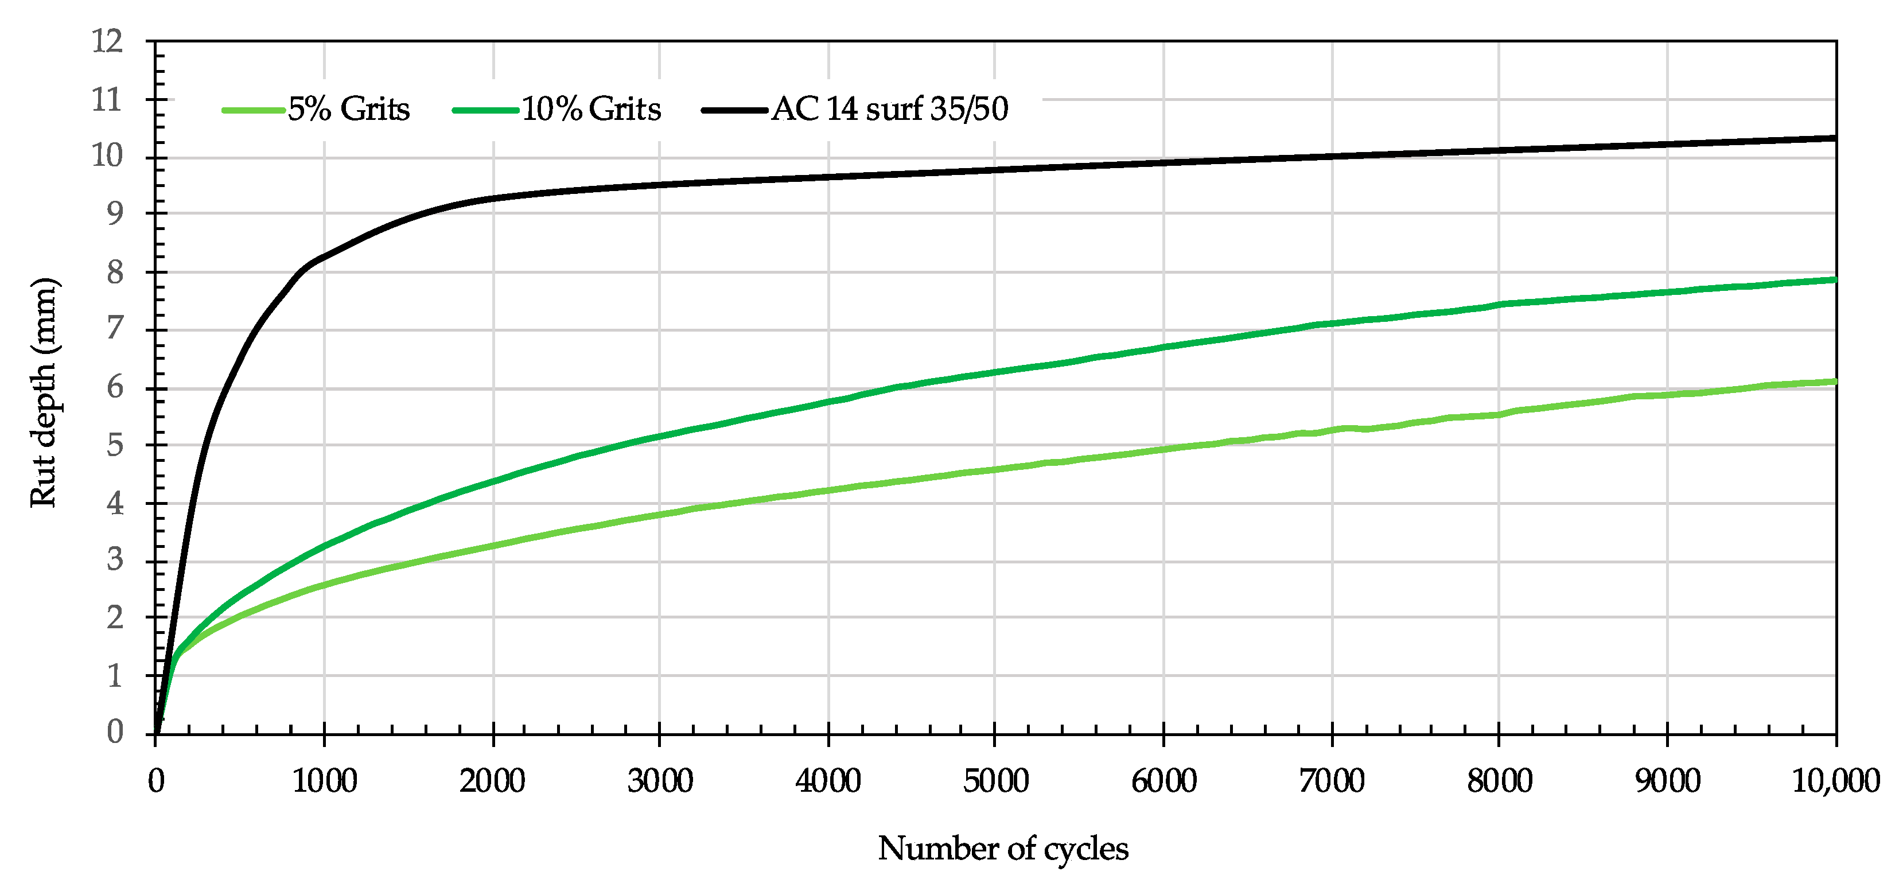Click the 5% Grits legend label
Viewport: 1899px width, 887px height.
point(348,109)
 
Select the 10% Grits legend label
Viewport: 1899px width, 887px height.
point(592,109)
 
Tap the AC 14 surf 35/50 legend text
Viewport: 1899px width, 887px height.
point(890,109)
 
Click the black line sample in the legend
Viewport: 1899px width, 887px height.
point(734,110)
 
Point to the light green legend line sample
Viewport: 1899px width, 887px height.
point(254,110)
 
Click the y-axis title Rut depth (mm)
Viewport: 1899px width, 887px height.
point(44,392)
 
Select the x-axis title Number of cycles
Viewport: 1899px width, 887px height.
point(1003,848)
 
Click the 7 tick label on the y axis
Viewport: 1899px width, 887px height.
point(115,328)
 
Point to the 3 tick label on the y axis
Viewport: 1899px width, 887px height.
point(115,561)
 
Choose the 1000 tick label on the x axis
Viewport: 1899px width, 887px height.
point(324,781)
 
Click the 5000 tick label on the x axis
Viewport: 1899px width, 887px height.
point(995,781)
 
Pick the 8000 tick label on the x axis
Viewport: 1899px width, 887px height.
point(1500,781)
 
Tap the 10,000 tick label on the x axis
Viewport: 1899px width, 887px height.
point(1835,781)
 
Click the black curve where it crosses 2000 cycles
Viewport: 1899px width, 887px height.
point(493,197)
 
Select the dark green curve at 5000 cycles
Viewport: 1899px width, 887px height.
point(995,372)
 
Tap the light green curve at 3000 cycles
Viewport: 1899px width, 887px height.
point(660,514)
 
